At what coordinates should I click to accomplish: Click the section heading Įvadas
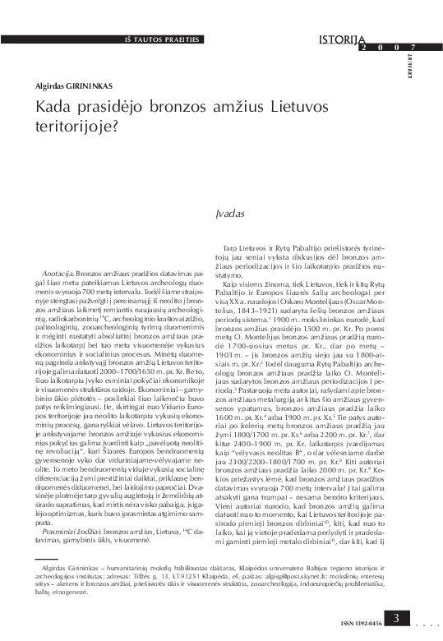point(231,213)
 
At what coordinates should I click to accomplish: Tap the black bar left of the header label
point(65,39)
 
